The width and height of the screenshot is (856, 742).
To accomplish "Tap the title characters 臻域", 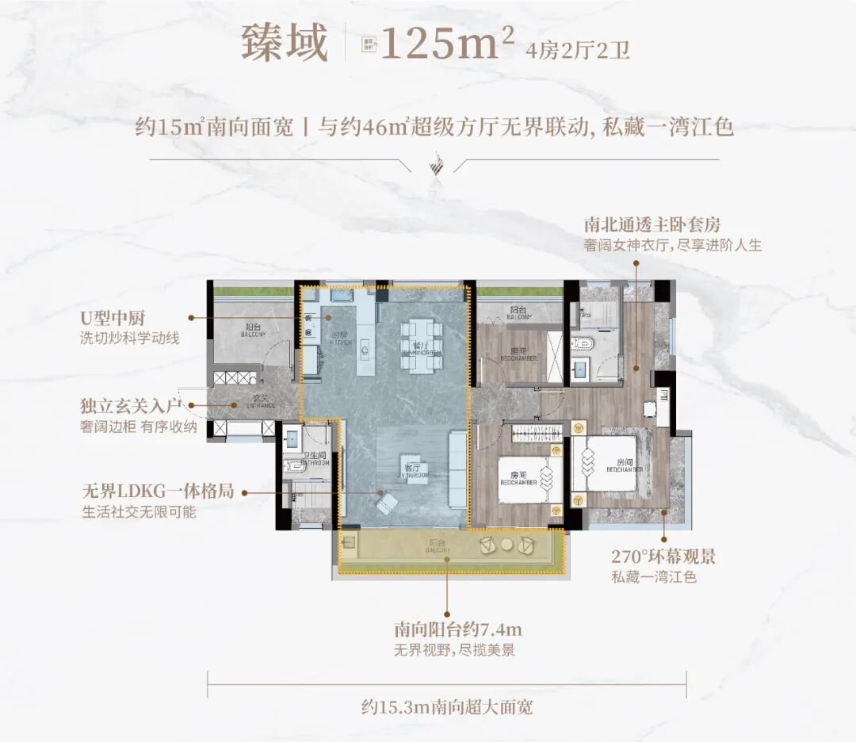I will click(x=285, y=44).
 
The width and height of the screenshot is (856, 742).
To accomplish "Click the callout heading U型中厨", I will click(x=125, y=318).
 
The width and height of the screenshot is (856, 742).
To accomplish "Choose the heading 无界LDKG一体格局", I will click(x=159, y=492).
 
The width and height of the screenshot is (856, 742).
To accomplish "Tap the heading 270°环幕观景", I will click(x=663, y=556).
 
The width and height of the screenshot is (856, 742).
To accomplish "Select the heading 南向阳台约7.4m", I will click(x=458, y=631).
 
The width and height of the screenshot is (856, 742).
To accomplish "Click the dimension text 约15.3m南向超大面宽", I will click(x=446, y=706).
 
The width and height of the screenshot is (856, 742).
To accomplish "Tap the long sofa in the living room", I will click(x=458, y=469).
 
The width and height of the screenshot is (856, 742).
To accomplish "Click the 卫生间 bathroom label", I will click(x=315, y=459).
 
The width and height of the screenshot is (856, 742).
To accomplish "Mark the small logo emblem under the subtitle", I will click(x=432, y=166).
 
